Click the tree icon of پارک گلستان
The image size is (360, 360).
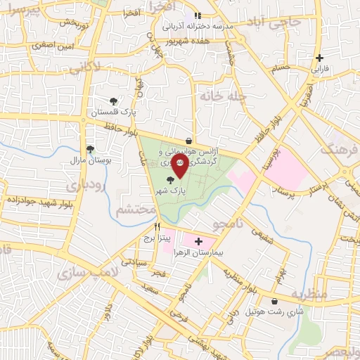point(114,102)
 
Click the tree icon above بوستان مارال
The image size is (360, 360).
point(90,148)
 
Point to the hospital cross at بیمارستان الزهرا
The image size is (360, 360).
point(198,240)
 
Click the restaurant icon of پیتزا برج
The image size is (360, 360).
point(157,227)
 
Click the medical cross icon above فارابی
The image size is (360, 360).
point(320,58)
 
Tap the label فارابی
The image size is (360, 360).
point(320,70)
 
